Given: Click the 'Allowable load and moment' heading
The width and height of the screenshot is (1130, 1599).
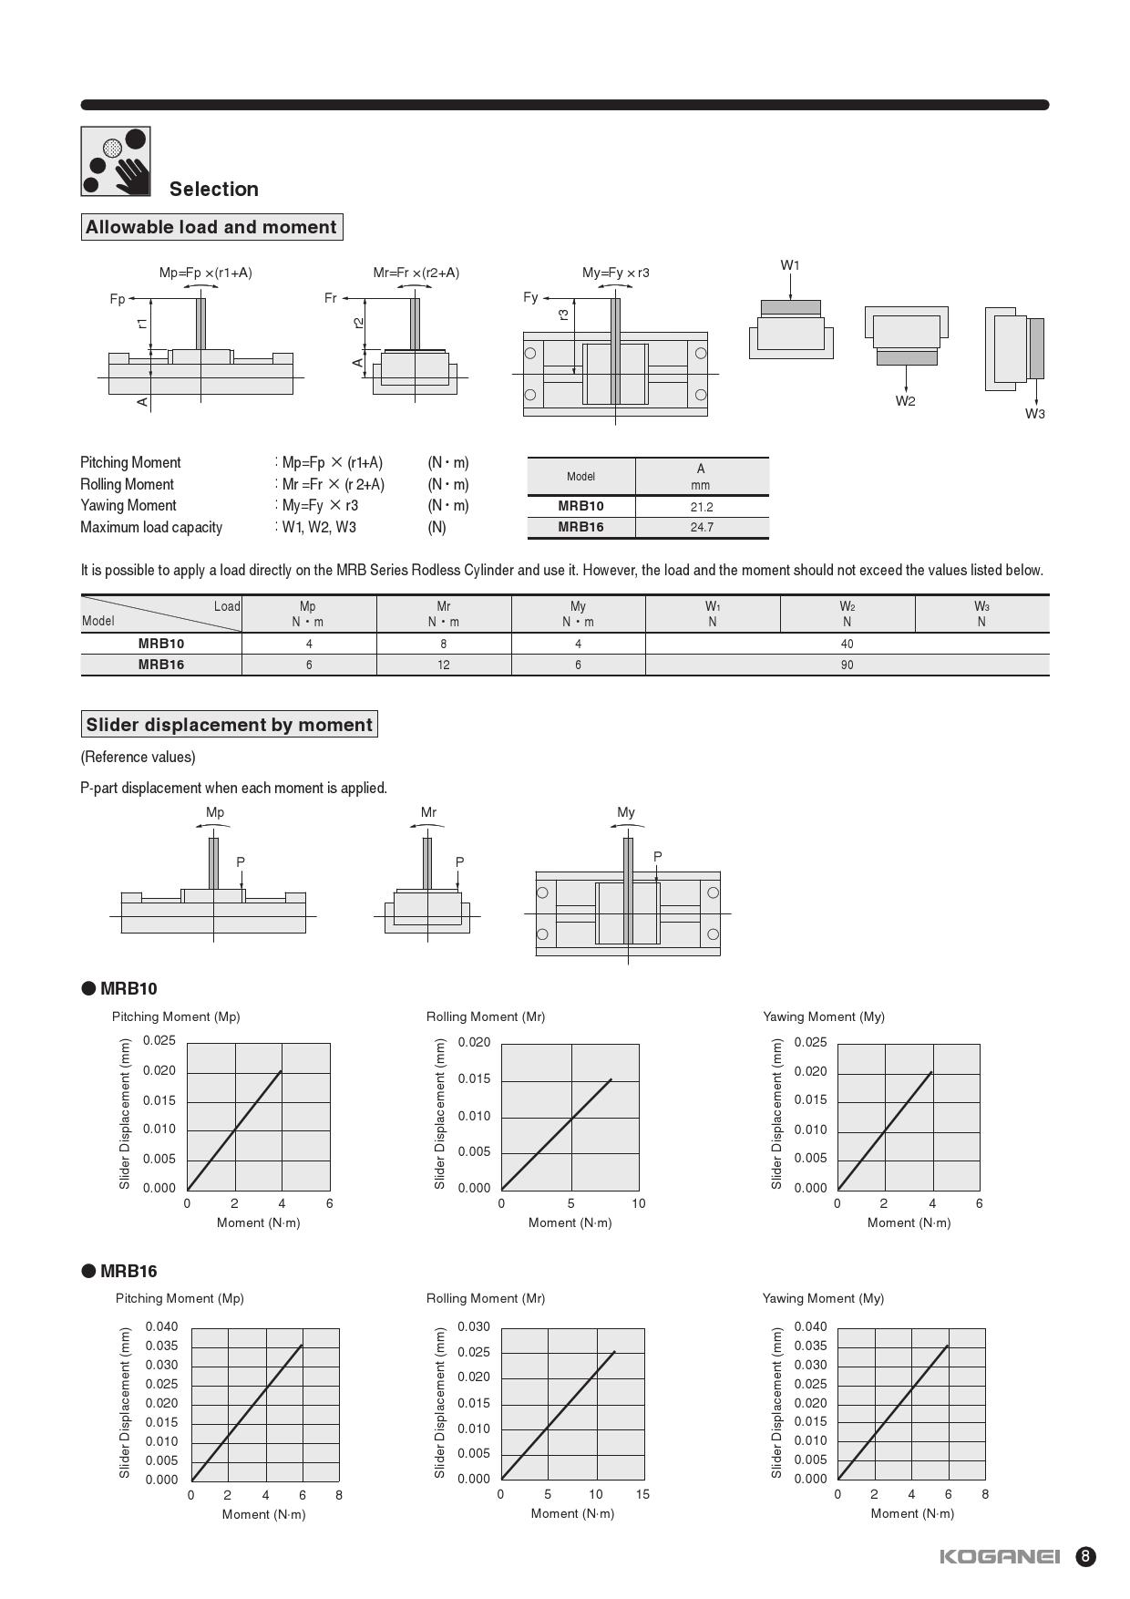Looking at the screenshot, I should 211,227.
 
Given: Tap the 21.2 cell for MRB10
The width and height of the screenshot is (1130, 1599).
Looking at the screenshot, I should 701,507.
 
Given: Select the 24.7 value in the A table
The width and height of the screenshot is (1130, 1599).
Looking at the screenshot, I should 701,527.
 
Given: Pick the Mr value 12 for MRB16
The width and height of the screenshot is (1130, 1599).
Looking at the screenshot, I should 444,665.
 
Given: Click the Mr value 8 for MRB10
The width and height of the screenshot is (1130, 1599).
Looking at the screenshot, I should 444,644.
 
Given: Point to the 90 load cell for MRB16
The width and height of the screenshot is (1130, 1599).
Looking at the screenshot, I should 847,665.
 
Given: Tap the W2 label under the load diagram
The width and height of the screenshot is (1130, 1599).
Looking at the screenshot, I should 905,401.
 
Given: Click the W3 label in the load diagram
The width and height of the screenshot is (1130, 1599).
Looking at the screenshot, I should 1034,414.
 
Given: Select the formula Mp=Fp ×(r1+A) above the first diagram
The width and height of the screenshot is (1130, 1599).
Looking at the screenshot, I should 205,273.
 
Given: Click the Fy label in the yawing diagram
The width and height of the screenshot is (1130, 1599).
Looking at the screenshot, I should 530,297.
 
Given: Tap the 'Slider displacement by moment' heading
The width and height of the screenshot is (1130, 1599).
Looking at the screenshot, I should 229,725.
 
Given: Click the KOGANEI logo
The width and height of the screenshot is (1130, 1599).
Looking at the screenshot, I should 1000,1556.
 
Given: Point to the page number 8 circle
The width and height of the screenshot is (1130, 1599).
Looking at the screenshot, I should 1085,1556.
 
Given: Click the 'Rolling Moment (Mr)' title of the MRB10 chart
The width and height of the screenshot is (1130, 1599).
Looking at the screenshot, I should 485,1016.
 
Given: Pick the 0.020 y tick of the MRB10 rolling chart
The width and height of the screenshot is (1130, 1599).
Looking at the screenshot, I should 474,1042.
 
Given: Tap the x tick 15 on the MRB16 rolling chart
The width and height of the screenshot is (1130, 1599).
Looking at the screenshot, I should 642,1494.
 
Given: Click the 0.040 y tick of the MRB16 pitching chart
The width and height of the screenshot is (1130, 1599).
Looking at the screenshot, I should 162,1326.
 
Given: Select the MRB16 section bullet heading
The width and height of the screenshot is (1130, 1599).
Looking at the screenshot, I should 119,1271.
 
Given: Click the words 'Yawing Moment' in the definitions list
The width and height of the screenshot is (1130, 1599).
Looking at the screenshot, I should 128,505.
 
